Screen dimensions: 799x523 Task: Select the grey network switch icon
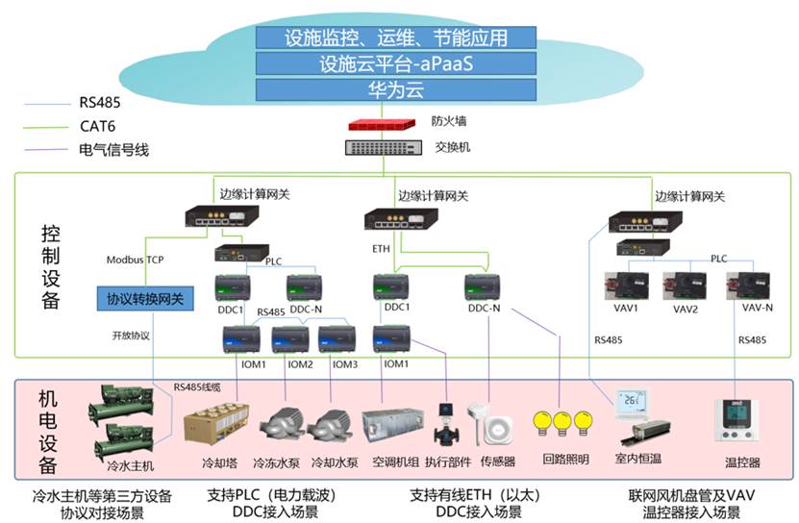click(384, 148)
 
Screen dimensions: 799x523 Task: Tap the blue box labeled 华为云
click(396, 89)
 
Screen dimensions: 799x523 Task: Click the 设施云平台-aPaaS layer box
click(396, 63)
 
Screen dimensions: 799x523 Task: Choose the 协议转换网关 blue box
click(145, 299)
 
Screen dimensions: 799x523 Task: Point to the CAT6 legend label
click(97, 126)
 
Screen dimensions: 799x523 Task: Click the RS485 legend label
click(100, 103)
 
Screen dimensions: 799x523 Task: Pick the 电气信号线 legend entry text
click(113, 150)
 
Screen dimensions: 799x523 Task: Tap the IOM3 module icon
click(337, 339)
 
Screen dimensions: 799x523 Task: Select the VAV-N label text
click(758, 308)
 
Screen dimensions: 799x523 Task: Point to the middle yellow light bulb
click(562, 423)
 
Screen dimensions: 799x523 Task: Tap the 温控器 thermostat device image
click(736, 420)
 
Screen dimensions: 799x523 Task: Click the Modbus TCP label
click(135, 260)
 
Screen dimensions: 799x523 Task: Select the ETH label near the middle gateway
click(381, 249)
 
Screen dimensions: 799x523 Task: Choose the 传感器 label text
click(498, 461)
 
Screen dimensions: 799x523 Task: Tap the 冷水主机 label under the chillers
click(130, 466)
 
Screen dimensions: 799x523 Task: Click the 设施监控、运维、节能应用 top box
click(396, 37)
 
